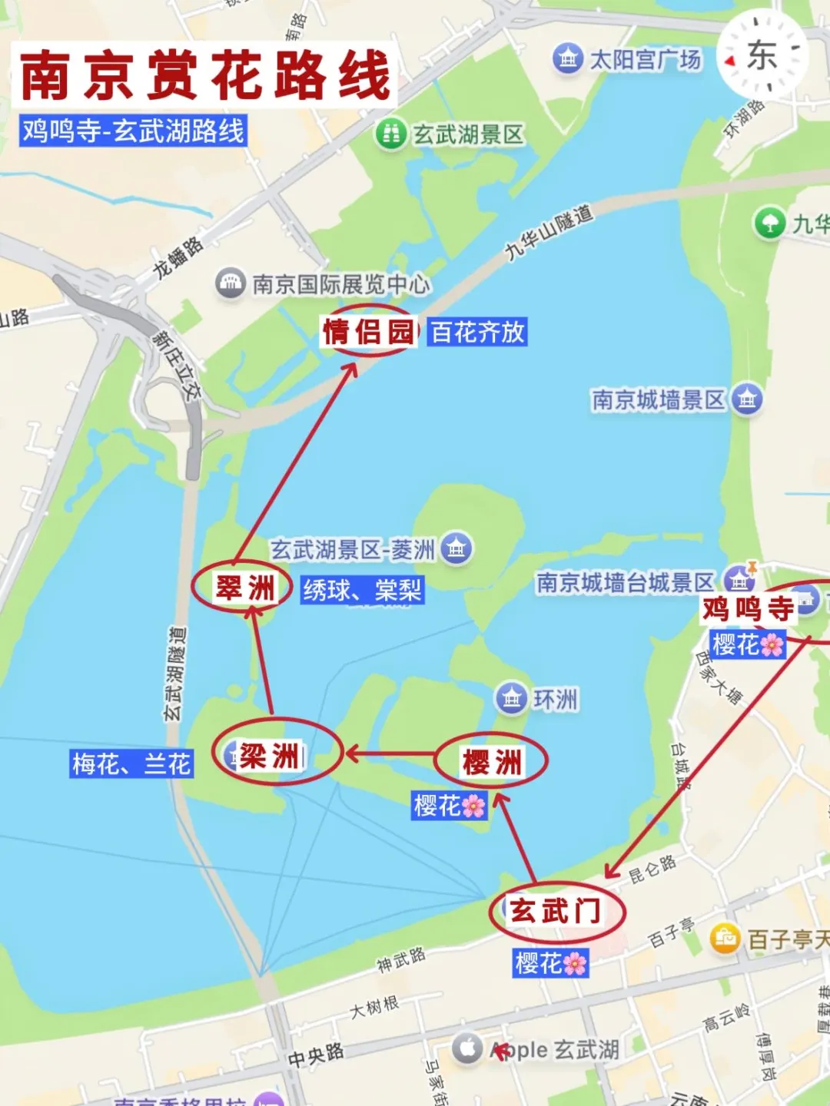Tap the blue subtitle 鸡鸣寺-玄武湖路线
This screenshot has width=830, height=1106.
[x=133, y=131]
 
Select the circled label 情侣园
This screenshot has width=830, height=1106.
[x=368, y=331]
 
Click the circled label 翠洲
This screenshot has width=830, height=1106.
[x=244, y=588]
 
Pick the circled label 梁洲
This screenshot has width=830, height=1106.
[x=271, y=756]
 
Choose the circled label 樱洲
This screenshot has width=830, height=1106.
[x=492, y=762]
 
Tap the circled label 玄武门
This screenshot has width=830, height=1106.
[x=556, y=912]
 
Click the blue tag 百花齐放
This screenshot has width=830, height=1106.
[x=477, y=332]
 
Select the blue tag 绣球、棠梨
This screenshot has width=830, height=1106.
[x=362, y=590]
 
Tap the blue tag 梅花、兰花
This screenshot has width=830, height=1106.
[x=131, y=764]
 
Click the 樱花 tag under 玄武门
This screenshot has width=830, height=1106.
[x=550, y=962]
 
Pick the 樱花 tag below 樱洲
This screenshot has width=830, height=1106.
[x=450, y=805]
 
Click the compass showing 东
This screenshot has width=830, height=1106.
[x=762, y=56]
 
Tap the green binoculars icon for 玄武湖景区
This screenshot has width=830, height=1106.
[x=390, y=134]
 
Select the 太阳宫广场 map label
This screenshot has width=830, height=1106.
[x=644, y=59]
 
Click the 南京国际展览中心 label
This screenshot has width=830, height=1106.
[x=340, y=284]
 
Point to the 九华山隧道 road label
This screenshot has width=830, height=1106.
[x=549, y=232]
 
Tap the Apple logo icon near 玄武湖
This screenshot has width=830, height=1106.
[x=466, y=1048]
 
